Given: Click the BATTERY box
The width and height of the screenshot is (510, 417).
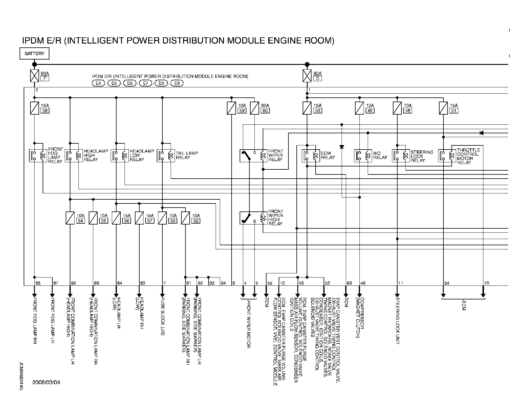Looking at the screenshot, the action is point(34,54).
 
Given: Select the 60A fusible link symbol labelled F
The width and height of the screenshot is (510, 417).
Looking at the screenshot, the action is point(35,76).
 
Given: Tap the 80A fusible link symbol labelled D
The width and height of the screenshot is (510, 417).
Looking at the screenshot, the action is point(307,76).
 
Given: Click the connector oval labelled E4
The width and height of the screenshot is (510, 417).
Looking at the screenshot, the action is point(98,83).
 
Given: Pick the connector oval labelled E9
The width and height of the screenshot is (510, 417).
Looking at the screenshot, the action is point(177,83).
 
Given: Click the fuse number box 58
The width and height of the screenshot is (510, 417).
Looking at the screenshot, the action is point(46,111).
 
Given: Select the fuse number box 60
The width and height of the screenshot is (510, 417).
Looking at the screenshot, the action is point(265,111).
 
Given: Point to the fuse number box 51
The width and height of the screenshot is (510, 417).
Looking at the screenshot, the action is point(454,111).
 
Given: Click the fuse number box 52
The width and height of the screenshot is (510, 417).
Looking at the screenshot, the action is point(196,221).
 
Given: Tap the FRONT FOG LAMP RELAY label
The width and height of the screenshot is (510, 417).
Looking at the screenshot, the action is point(55,155).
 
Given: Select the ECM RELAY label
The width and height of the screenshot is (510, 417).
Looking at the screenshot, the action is point(328,155).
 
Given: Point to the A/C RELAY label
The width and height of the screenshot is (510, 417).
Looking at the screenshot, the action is point(380,155).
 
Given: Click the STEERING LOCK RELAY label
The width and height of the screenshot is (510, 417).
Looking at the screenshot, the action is point(422,156).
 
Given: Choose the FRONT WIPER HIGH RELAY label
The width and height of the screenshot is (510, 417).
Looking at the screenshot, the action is point(276,218).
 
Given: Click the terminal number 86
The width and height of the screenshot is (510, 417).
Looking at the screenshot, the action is point(38,283).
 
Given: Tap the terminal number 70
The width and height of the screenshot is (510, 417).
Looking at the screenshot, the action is point(486,283).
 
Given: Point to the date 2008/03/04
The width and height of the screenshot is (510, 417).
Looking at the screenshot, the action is point(46,382).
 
